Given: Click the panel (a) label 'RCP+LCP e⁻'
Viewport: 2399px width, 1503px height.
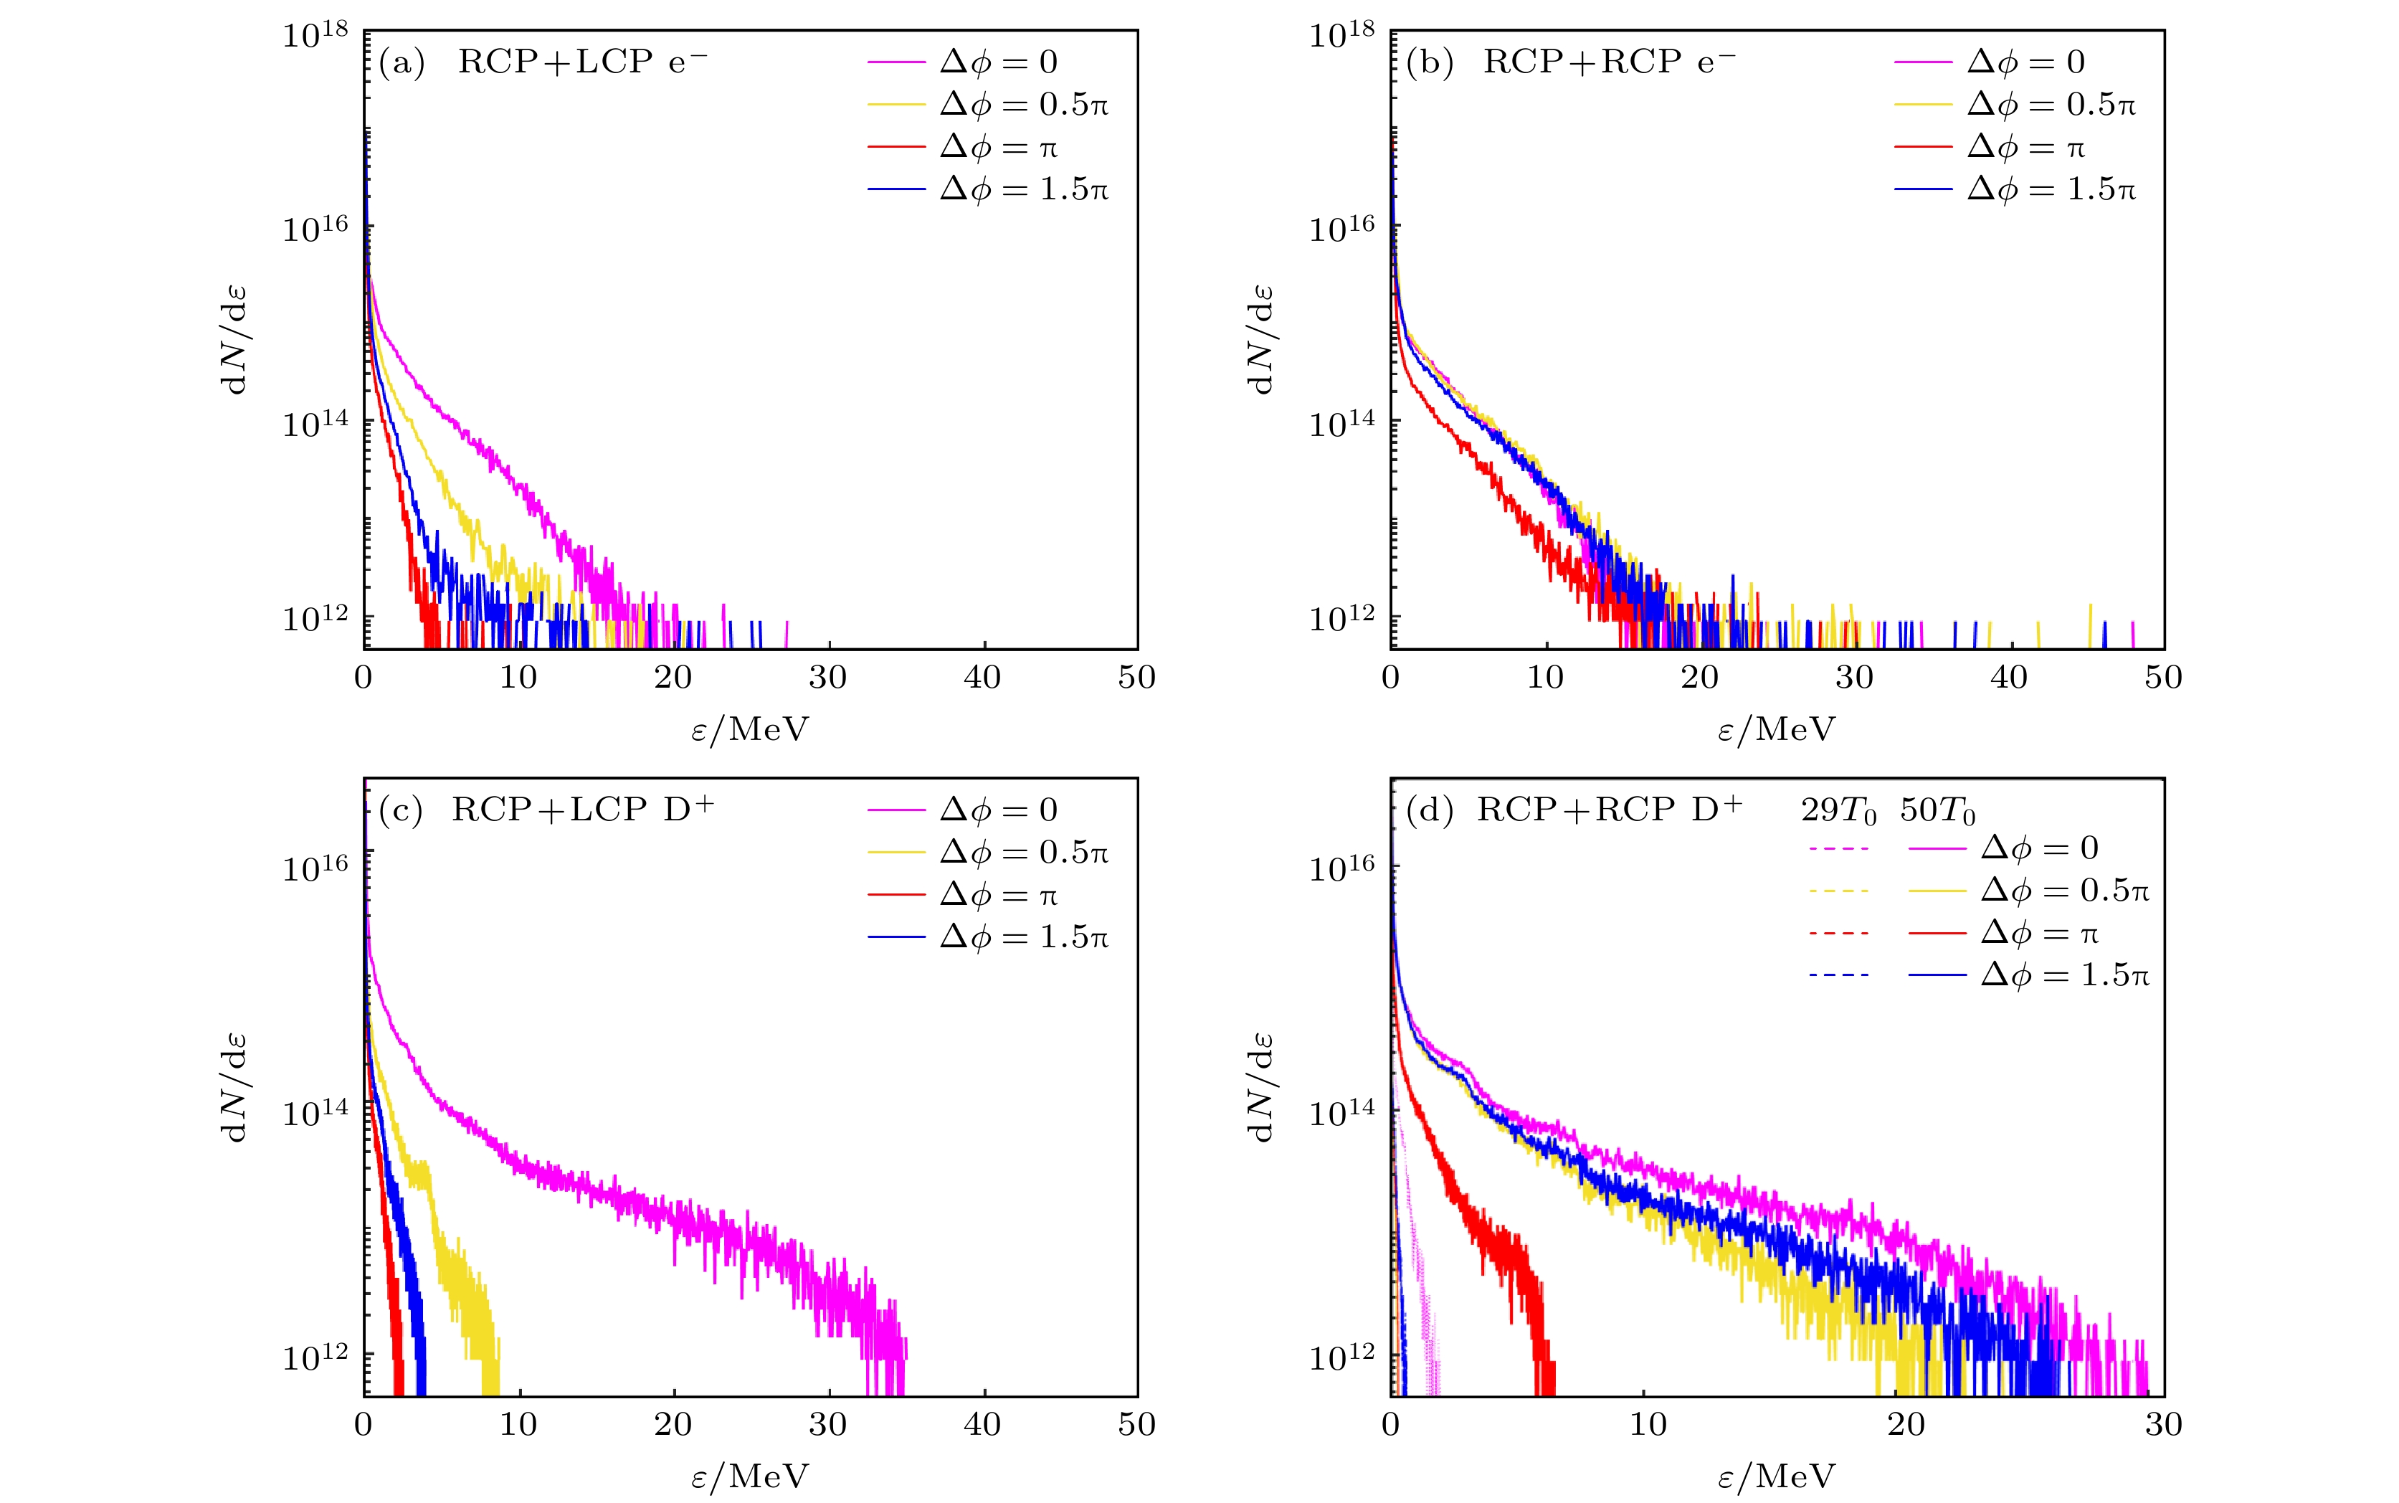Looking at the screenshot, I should point(582,62).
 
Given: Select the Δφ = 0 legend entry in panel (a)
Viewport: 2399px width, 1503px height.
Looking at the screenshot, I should point(998,62).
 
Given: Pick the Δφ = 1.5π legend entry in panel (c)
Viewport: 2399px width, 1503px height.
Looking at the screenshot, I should point(1024,937).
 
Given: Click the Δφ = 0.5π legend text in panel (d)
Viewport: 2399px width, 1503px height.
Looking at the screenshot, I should point(2064,890).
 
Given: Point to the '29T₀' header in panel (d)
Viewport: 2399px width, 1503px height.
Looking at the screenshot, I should point(1838,811).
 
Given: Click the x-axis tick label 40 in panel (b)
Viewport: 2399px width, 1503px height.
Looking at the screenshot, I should point(2008,678).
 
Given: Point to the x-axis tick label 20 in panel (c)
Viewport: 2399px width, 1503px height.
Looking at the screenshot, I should point(673,1424).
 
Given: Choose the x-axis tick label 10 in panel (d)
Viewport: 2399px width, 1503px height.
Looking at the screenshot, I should point(1648,1424).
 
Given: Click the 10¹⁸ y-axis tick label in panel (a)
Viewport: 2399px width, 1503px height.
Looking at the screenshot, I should point(315,36).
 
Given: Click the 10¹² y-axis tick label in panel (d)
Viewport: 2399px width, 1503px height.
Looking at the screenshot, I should point(1341,1357).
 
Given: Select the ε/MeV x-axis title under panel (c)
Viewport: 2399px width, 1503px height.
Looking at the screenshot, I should point(750,1476).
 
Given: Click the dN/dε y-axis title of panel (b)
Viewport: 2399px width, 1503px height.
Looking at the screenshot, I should point(1261,340).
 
